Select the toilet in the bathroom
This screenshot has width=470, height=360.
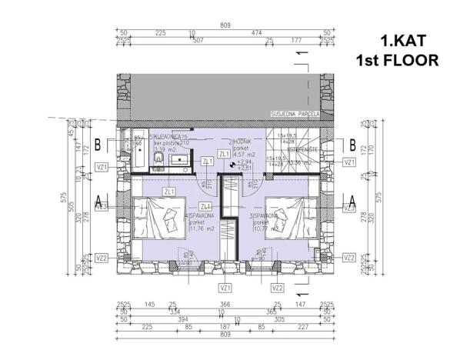(x=156, y=158)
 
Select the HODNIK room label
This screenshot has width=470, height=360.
(x=229, y=142)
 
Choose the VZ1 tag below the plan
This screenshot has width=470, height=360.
(x=225, y=288)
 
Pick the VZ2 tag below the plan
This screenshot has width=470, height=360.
(x=278, y=288)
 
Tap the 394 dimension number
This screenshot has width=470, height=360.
(x=182, y=319)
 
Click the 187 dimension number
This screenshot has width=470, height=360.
(x=225, y=326)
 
